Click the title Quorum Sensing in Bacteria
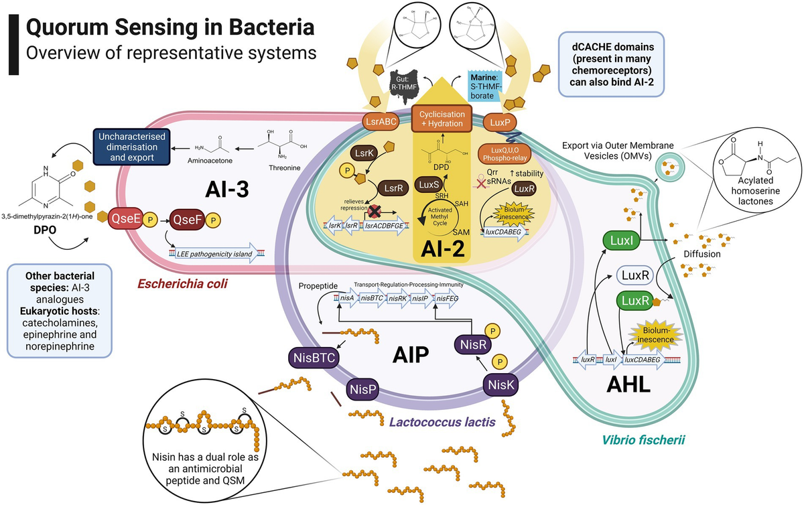[x=169, y=28]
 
